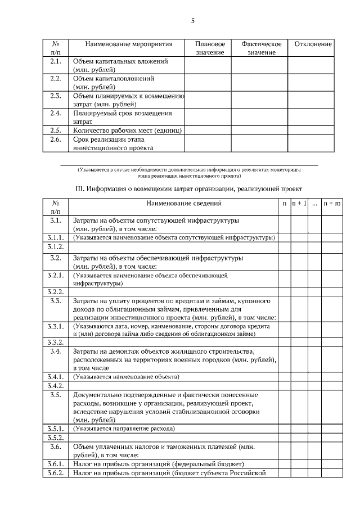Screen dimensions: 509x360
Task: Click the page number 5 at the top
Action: point(192,21)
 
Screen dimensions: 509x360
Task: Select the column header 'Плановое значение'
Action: point(210,48)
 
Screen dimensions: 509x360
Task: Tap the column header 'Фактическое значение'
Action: point(261,48)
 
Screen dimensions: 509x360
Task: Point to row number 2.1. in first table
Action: point(55,61)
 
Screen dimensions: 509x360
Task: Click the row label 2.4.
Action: point(55,113)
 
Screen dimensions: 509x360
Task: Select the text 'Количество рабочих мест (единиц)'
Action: point(128,130)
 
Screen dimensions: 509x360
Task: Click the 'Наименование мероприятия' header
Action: point(128,44)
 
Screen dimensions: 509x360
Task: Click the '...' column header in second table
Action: point(314,203)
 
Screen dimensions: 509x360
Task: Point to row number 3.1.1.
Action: point(55,237)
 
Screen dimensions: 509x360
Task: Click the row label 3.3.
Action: point(55,301)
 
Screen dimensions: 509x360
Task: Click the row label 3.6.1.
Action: point(55,464)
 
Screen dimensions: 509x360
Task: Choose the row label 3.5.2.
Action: point(55,438)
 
